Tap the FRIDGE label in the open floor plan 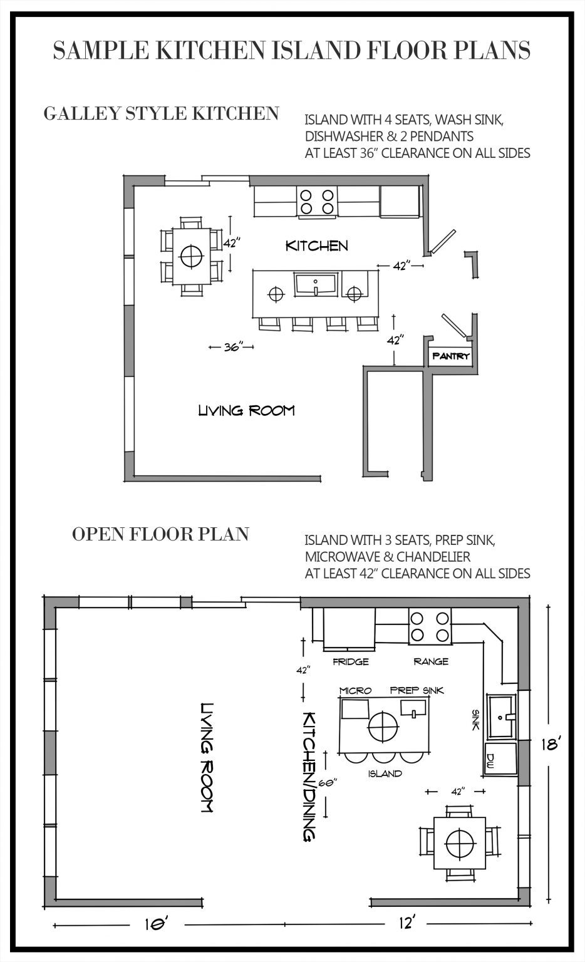pyautogui.click(x=350, y=661)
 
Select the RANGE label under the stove pyautogui.click(x=430, y=661)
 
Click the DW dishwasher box pyautogui.click(x=491, y=760)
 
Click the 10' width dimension pyautogui.click(x=150, y=924)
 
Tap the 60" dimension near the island pyautogui.click(x=328, y=783)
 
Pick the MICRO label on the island pyautogui.click(x=355, y=690)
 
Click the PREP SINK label pyautogui.click(x=417, y=690)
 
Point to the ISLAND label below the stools pyautogui.click(x=385, y=773)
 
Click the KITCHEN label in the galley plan pyautogui.click(x=316, y=246)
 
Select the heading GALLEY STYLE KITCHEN pyautogui.click(x=161, y=113)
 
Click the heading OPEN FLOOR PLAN pyautogui.click(x=160, y=534)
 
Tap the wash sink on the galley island pyautogui.click(x=316, y=286)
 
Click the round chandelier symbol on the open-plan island pyautogui.click(x=383, y=727)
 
